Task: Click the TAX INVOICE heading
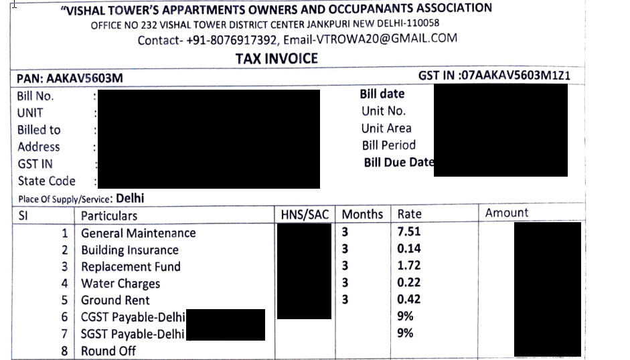pos(277,59)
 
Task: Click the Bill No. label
pos(35,96)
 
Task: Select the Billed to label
pos(39,130)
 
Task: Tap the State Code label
pos(46,181)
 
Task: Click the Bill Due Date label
pos(399,162)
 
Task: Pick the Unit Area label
pos(386,128)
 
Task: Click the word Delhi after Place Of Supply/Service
pos(130,198)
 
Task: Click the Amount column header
pos(507,213)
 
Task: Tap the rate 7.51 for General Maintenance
pos(409,232)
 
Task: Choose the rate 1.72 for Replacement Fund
pos(409,266)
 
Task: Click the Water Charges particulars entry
pos(121,283)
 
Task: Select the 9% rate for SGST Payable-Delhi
pos(405,333)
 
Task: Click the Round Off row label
pos(108,351)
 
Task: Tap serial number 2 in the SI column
pos(65,250)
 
